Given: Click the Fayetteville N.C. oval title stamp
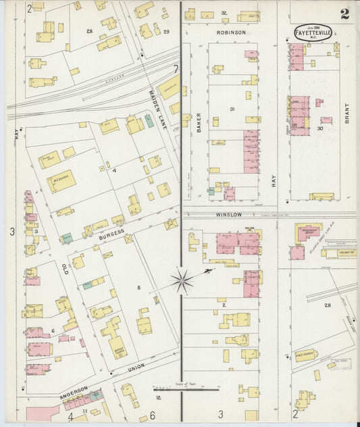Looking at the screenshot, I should [313, 33].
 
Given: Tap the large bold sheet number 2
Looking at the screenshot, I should [344, 14].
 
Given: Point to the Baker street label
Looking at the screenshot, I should [199, 122].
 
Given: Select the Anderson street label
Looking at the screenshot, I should [74, 394].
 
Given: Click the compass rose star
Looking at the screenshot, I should [182, 281].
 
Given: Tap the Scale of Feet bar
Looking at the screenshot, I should [186, 388].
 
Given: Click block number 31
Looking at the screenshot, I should [232, 109].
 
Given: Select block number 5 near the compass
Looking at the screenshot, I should [138, 288].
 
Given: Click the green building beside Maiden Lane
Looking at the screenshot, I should [149, 120].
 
